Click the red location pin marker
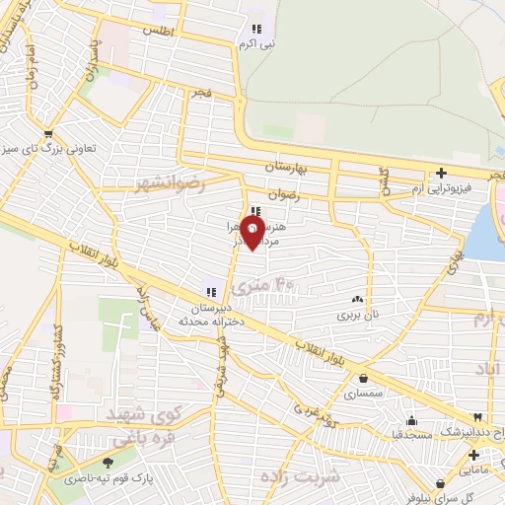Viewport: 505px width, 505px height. click(253, 233)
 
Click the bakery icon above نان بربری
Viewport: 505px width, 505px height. click(357, 299)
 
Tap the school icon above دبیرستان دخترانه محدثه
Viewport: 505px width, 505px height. click(209, 290)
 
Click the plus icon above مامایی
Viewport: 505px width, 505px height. click(473, 455)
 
